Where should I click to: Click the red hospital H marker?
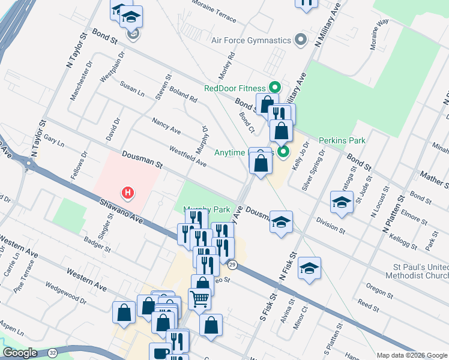tap(127, 193)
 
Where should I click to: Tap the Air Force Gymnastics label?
tap(252, 41)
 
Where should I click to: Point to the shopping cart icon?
tap(199, 298)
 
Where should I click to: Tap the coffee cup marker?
tap(160, 353)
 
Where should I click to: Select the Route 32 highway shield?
tap(53, 352)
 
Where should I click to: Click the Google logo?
tap(20, 352)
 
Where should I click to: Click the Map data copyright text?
tap(411, 355)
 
